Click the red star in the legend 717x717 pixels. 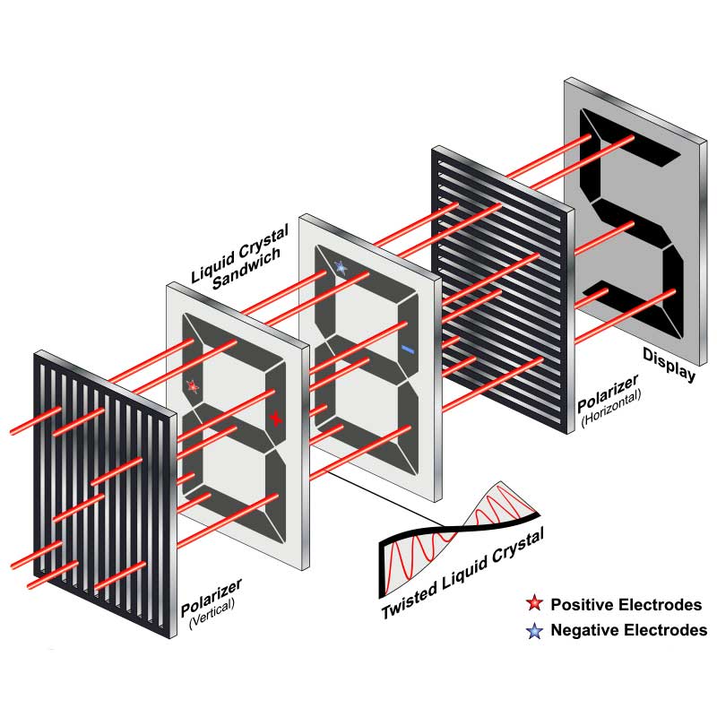(x=534, y=604)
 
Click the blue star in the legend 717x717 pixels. (x=534, y=631)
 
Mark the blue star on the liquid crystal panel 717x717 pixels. (x=340, y=266)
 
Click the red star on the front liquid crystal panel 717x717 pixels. (x=192, y=386)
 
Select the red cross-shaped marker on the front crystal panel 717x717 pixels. (x=276, y=419)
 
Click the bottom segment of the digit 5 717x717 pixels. (x=627, y=305)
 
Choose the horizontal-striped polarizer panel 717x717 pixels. (x=502, y=287)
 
